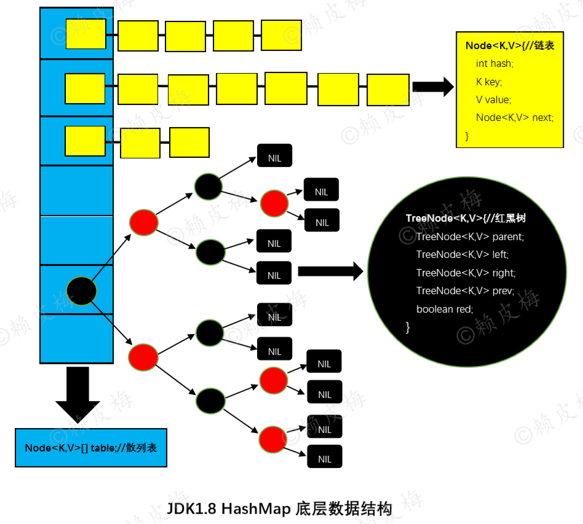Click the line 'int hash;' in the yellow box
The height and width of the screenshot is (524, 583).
coord(494,64)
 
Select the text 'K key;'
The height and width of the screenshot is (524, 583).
coord(489,82)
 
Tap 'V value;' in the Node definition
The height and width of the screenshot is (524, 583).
coord(493,100)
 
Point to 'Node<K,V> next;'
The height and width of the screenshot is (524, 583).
coord(515,118)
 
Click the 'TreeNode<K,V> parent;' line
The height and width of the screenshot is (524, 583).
coord(470,237)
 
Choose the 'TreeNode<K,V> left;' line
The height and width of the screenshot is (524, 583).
coord(462,254)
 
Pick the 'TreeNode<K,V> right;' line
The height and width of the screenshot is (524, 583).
coord(466,273)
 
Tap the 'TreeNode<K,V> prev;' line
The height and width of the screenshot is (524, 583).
coord(465,291)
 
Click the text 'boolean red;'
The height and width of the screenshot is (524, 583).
coord(445,309)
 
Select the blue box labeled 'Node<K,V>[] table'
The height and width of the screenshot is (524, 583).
coord(91,447)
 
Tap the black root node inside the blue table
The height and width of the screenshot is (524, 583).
coord(81,291)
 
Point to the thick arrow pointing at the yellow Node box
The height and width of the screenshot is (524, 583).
coord(433,87)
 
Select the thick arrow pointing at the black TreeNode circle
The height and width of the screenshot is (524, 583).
coord(330,272)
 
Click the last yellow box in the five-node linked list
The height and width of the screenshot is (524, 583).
coord(281,35)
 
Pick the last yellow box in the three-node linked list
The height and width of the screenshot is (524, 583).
coord(189,143)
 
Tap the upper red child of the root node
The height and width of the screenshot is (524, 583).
coord(144,222)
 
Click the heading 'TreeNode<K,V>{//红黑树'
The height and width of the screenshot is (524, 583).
coord(466,218)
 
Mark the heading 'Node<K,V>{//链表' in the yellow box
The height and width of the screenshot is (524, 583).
coord(510,45)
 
